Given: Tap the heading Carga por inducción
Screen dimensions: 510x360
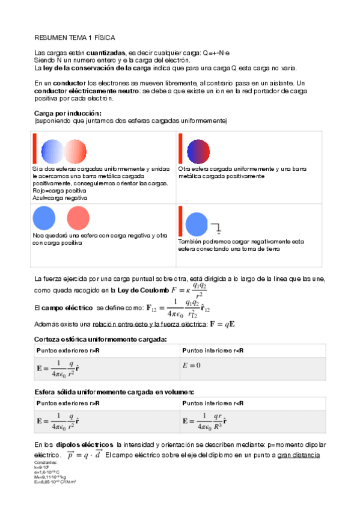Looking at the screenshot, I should pyautogui.click(x=67, y=113).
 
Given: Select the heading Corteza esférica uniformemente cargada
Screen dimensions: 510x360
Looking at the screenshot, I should pyautogui.click(x=100, y=339).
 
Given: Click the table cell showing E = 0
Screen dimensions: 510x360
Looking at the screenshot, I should pyautogui.click(x=191, y=366).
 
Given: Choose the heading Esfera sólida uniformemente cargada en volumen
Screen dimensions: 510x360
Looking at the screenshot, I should pyautogui.click(x=114, y=392).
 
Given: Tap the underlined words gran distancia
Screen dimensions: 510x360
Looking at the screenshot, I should pyautogui.click(x=298, y=455).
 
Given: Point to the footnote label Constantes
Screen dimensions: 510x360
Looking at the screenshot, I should pyautogui.click(x=46, y=462).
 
